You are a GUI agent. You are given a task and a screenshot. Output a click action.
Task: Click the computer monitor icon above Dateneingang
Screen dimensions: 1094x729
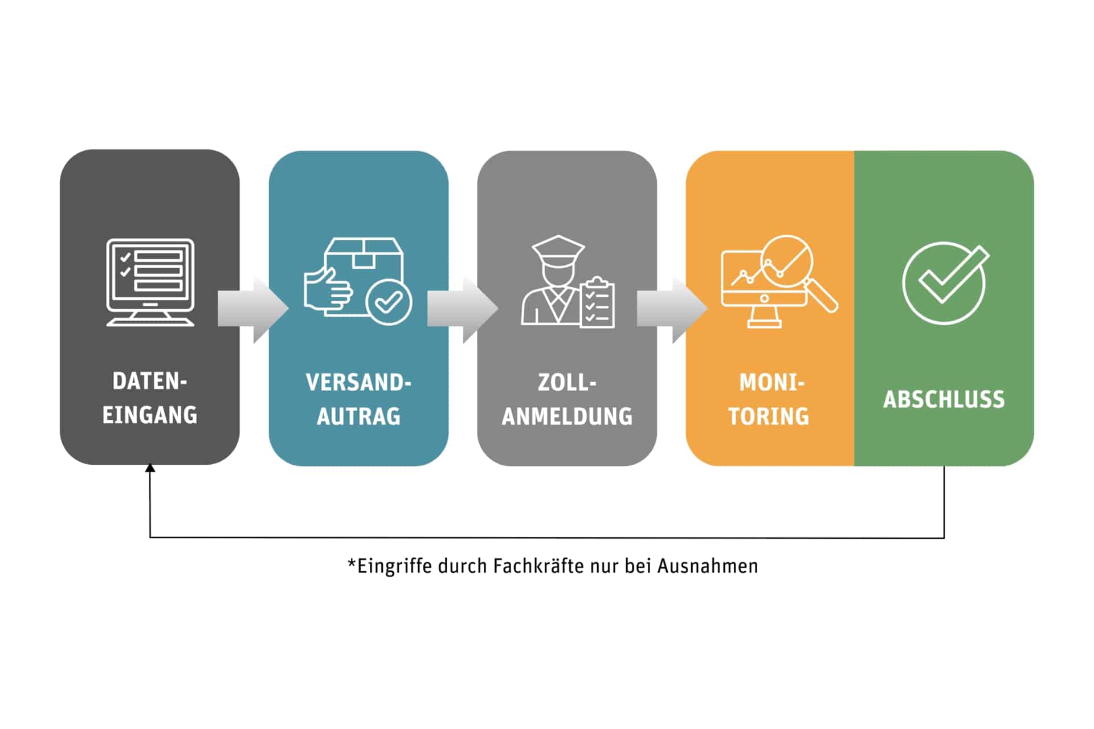tap(150, 282)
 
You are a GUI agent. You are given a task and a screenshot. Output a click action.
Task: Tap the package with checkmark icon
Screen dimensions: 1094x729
tap(358, 281)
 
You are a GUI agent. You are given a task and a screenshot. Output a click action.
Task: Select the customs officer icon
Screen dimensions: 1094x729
tap(568, 282)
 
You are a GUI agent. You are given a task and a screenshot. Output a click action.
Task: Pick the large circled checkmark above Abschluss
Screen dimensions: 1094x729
tap(945, 283)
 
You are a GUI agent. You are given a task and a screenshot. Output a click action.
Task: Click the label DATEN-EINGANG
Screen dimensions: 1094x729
tap(150, 398)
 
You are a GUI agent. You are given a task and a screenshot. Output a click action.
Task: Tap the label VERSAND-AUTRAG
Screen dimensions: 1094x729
tap(358, 399)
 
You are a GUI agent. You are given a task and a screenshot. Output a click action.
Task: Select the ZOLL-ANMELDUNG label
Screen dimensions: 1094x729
tap(567, 399)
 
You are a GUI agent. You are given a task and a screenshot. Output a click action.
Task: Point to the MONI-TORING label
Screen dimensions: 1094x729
tap(769, 399)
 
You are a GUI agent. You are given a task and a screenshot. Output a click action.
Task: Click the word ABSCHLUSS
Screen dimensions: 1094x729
tap(944, 399)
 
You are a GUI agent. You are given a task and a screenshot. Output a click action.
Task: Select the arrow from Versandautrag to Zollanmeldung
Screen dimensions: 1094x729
tap(463, 309)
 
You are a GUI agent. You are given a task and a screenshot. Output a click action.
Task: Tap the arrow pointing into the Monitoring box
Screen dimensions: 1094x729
tap(672, 309)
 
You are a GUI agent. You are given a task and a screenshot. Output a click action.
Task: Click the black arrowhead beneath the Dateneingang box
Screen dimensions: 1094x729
tap(150, 468)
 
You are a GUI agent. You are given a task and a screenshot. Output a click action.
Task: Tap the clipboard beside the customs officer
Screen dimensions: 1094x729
tap(597, 302)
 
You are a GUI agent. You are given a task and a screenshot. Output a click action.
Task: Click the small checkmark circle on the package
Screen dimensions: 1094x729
tap(389, 302)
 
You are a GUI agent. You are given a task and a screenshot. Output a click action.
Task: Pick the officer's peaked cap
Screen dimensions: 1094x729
tap(558, 249)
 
